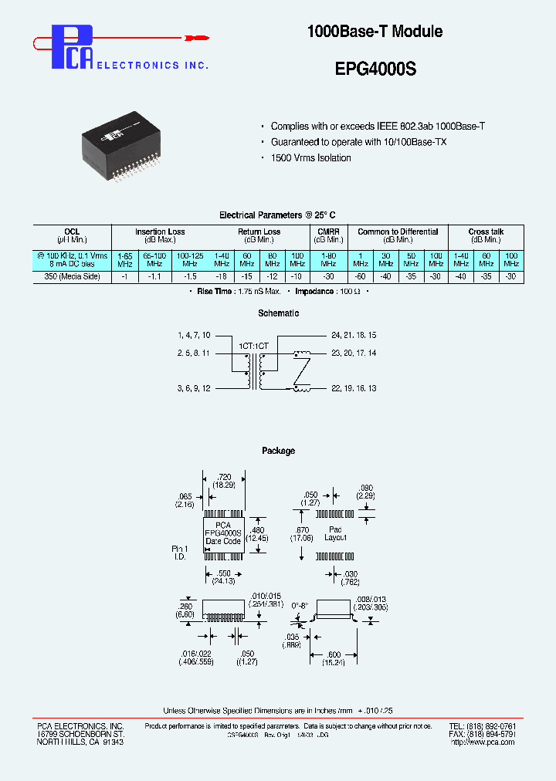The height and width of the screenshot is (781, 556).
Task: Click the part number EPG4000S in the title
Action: (x=375, y=69)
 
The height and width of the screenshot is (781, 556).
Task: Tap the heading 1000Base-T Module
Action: (x=375, y=32)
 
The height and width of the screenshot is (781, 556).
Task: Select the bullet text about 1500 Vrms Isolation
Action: (x=310, y=158)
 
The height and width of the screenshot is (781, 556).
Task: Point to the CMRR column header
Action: (x=328, y=232)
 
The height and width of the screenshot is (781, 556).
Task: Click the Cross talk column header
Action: (x=486, y=232)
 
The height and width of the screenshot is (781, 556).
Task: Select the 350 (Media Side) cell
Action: (x=72, y=276)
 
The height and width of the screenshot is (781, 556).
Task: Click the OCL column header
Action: (x=72, y=232)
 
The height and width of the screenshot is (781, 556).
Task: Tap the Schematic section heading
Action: (x=278, y=313)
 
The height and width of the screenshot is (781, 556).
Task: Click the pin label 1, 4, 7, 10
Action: (x=194, y=336)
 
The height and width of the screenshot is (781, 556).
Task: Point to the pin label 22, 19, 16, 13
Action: (x=354, y=388)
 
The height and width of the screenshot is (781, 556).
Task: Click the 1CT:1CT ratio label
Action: (x=253, y=346)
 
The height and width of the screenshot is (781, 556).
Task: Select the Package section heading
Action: (x=278, y=451)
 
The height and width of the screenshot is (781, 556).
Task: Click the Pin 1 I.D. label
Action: (x=180, y=553)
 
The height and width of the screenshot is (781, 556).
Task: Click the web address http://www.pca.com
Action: (x=483, y=742)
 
